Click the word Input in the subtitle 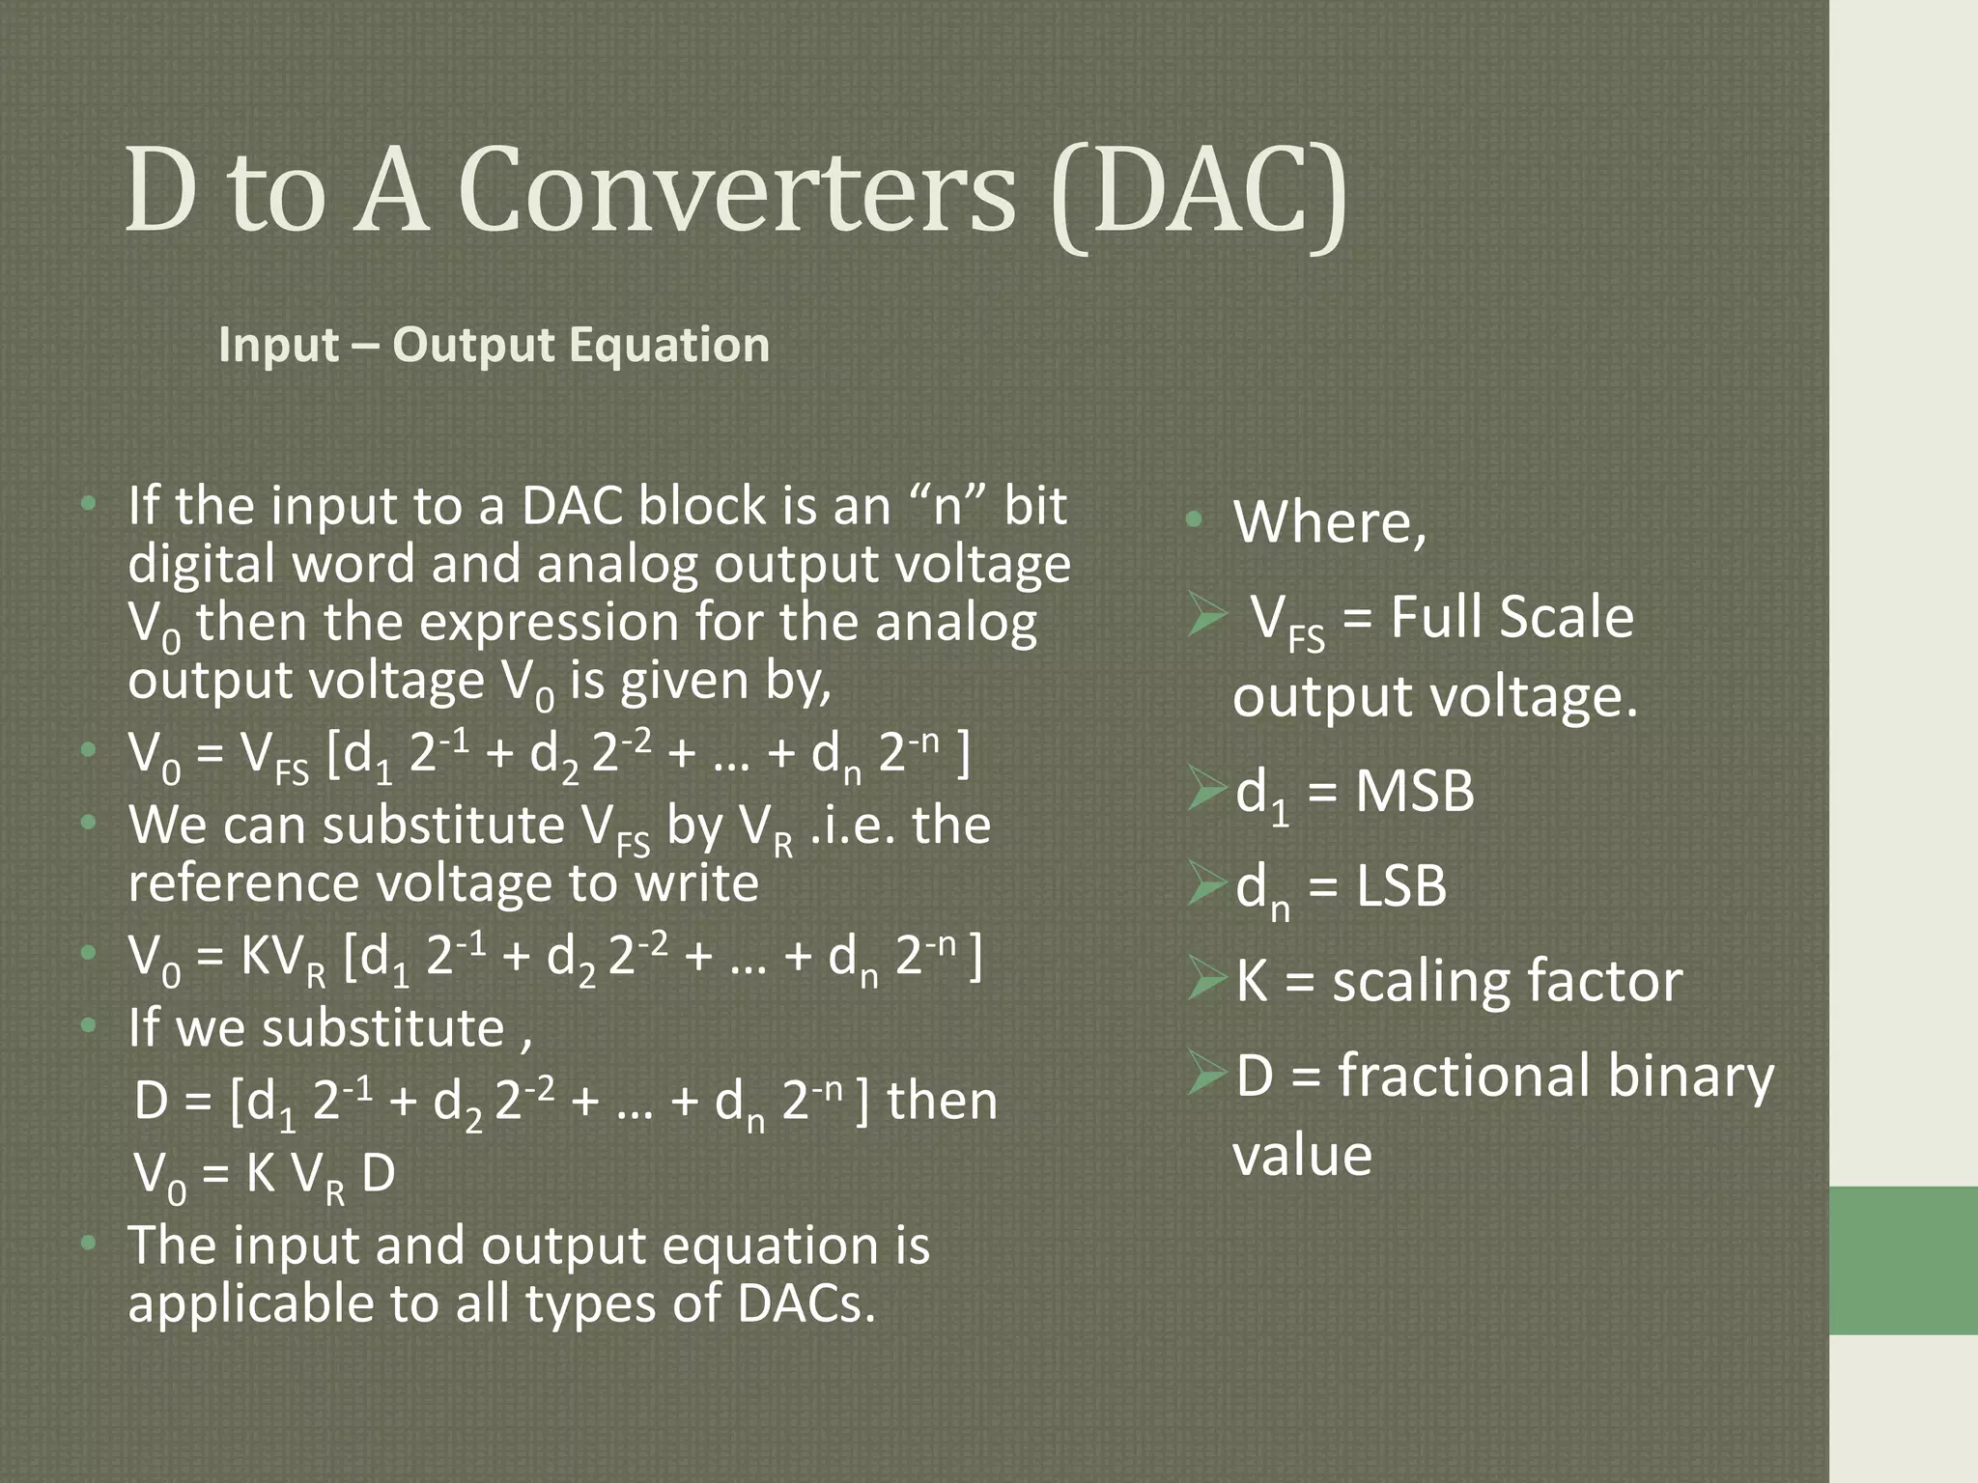278,345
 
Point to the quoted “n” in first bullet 947,506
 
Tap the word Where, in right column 1329,522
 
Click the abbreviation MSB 1414,792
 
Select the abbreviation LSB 1400,886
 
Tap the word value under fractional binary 1302,1156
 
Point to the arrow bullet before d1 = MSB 1208,790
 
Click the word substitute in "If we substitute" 383,1028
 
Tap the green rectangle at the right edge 1903,1260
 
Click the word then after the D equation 942,1102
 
